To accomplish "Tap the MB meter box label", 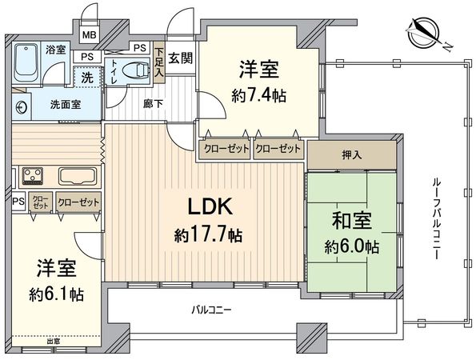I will click(89, 35).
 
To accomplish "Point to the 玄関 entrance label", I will click(179, 58).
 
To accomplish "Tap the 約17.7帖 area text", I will click(210, 236).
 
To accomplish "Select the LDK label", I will click(209, 208).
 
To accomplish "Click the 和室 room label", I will click(350, 218).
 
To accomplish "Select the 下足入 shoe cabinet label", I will click(158, 63).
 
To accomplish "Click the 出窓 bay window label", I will click(53, 342).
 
